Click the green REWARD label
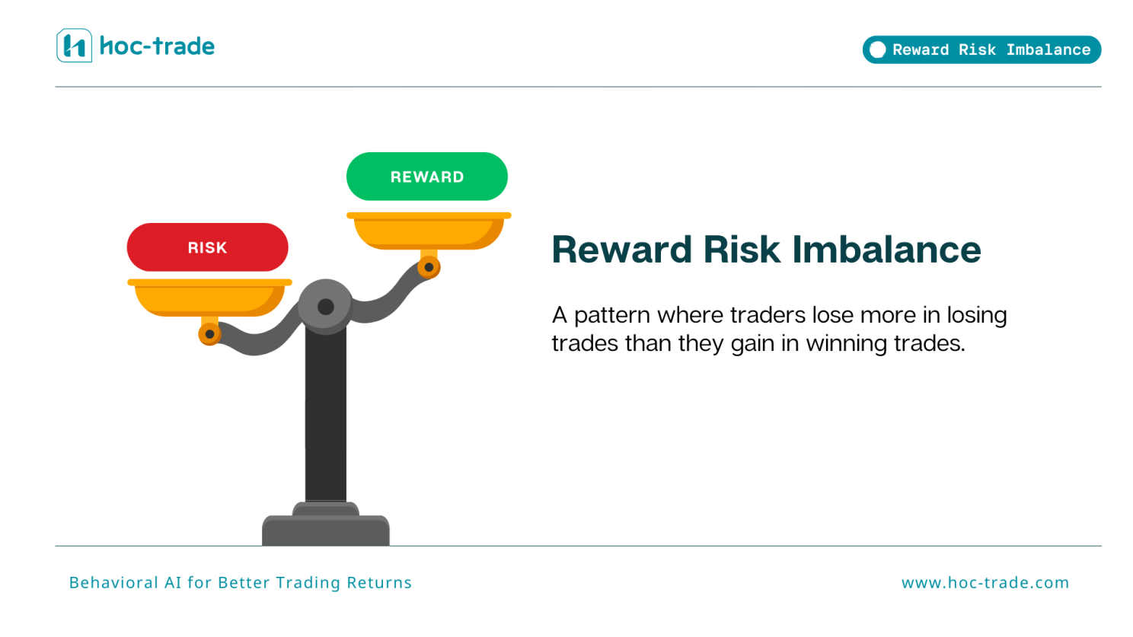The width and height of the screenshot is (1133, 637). tap(426, 177)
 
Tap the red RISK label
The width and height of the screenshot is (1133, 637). tap(207, 247)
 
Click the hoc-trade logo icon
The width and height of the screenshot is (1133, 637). tap(74, 46)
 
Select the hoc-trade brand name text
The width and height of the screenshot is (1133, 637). tap(158, 46)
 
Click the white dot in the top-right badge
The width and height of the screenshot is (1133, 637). tap(877, 49)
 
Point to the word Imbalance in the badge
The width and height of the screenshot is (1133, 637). tap(1048, 49)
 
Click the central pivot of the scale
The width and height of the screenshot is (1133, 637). tap(325, 306)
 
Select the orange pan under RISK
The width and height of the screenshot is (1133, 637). tap(209, 298)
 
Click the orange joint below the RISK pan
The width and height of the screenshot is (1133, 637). tap(209, 334)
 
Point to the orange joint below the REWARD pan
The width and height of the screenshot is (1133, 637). tap(429, 267)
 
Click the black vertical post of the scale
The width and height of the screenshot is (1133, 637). tap(326, 419)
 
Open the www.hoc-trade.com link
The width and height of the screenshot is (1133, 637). tap(985, 583)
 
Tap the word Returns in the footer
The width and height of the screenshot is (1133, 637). tap(378, 583)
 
